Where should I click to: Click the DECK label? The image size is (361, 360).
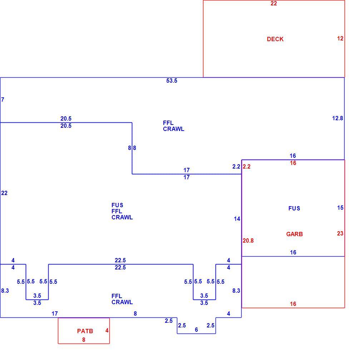[275, 39]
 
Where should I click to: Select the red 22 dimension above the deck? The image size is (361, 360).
[274, 4]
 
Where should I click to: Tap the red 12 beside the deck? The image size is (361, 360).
[340, 39]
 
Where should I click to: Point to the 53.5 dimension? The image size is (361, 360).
[172, 81]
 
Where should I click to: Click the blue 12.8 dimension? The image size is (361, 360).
[337, 118]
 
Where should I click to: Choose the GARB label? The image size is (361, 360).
[295, 234]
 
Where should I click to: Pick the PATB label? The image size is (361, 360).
[85, 331]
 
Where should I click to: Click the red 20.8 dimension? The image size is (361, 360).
[248, 240]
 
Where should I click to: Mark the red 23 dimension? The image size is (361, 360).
[340, 233]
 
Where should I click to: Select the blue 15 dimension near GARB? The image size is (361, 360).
[340, 208]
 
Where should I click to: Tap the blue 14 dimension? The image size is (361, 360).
[237, 219]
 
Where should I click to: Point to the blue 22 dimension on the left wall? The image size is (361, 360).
[4, 193]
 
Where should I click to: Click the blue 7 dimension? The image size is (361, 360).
[3, 99]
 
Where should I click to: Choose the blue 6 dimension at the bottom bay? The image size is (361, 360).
[196, 330]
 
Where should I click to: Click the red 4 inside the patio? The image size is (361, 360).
[107, 331]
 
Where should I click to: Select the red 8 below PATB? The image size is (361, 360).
[84, 340]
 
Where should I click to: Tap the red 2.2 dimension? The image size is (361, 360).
[247, 167]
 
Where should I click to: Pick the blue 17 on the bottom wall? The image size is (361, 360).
[55, 314]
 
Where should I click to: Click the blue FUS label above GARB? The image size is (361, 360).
[294, 209]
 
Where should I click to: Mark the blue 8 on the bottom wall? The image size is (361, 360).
[135, 314]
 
